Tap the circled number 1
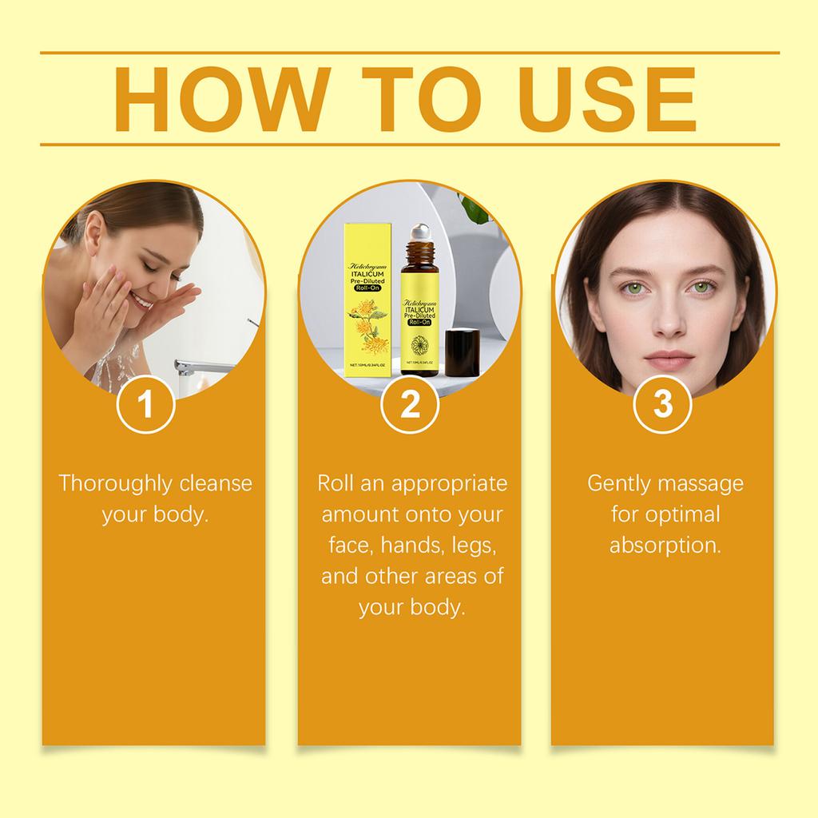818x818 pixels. click(x=145, y=405)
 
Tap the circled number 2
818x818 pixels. click(x=409, y=405)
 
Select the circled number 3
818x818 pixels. click(x=663, y=405)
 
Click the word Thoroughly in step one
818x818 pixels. click(x=116, y=483)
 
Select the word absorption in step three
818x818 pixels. click(x=665, y=545)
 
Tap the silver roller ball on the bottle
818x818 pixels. click(x=419, y=233)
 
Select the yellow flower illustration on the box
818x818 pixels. click(x=368, y=328)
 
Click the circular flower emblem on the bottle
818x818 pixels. click(x=419, y=345)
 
